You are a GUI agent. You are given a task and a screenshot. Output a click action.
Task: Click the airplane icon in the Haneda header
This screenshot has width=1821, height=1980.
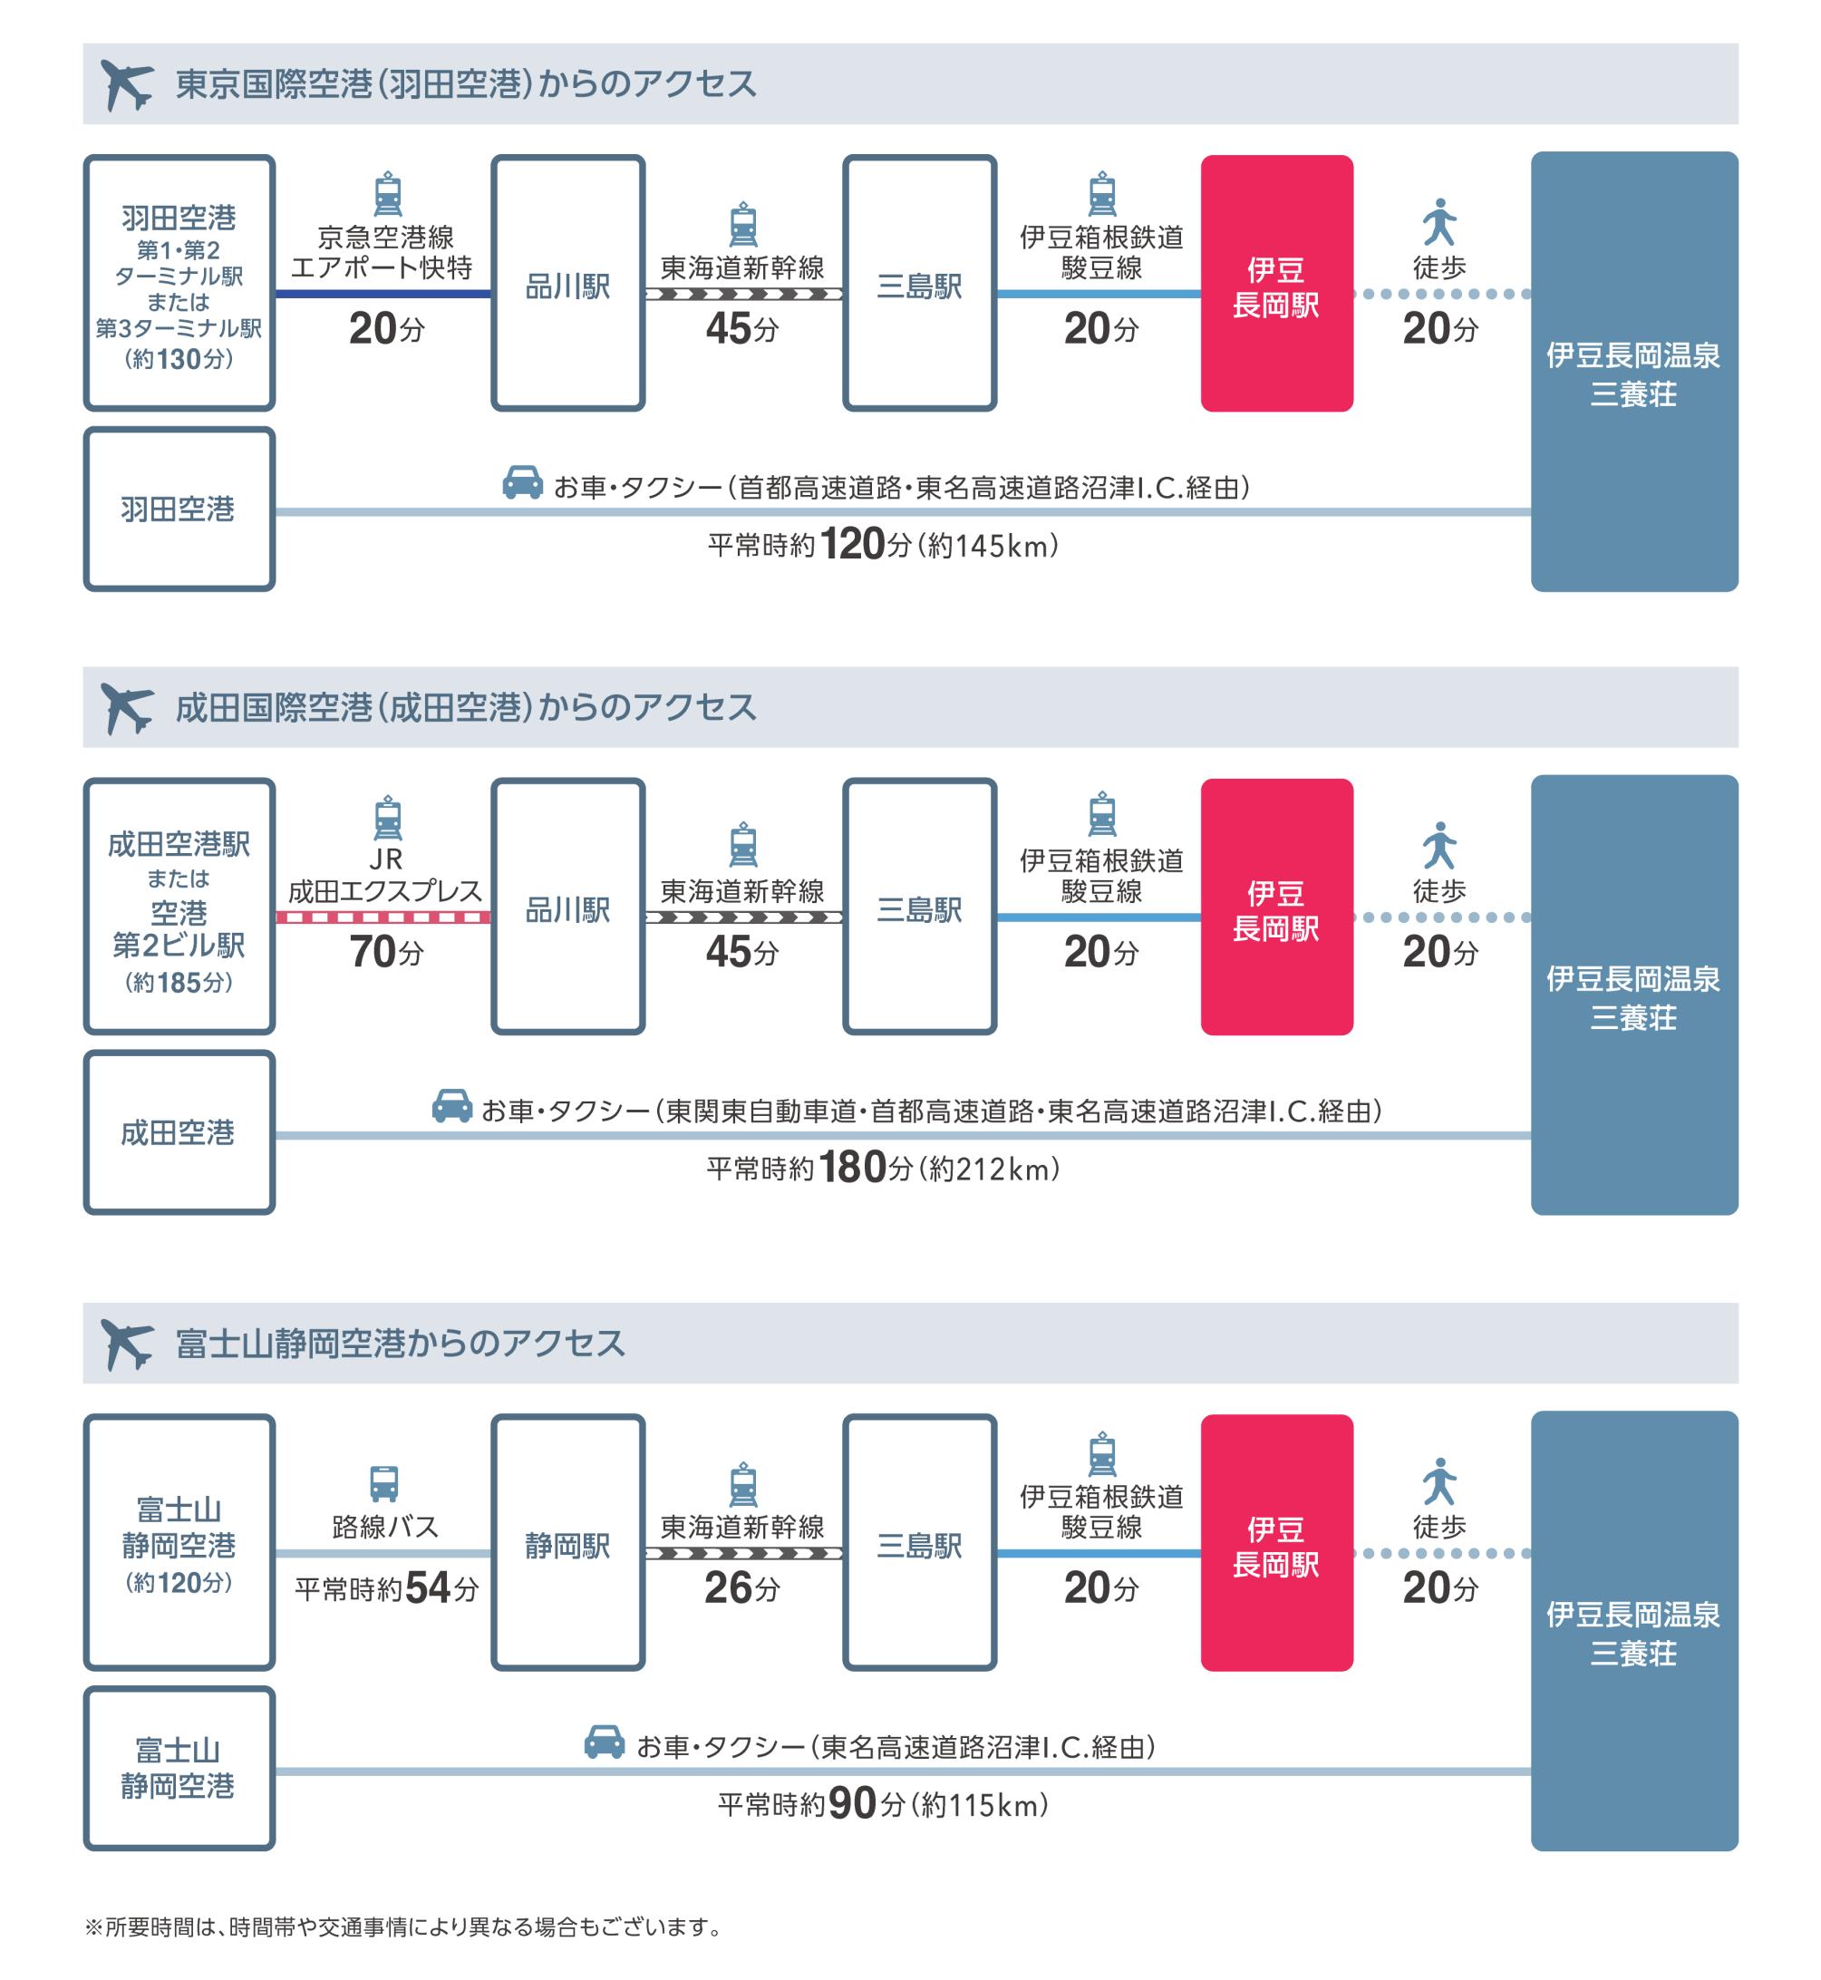127,84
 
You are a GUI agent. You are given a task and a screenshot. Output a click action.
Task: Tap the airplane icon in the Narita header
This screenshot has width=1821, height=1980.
127,709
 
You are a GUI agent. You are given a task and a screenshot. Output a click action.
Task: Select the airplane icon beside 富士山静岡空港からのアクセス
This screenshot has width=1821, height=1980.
127,1344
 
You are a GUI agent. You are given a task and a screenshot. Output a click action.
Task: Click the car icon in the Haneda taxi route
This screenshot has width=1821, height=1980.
522,483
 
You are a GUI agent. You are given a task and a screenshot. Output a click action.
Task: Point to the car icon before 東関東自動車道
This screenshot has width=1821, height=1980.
452,1106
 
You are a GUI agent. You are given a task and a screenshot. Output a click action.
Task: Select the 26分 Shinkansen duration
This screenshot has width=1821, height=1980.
742,1587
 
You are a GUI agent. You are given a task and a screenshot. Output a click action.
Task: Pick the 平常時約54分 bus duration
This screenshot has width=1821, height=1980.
386,1587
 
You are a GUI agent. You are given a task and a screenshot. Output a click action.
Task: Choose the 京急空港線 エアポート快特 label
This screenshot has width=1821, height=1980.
383,252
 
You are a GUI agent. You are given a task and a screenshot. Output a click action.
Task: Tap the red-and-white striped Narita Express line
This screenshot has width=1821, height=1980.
383,917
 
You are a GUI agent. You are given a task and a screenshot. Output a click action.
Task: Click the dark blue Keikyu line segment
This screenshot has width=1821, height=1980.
383,294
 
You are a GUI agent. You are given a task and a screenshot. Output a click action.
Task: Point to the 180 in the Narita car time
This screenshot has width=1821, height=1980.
852,1168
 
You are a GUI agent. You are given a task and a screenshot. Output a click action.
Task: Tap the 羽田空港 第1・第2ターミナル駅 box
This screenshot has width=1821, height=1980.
179,283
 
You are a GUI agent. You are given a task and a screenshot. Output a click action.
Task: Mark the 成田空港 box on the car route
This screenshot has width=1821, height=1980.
179,1132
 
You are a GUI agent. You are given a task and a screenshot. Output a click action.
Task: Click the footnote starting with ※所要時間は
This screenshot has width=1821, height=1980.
405,1927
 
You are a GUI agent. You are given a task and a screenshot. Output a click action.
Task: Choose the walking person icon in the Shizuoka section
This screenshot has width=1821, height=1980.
1439,1481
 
